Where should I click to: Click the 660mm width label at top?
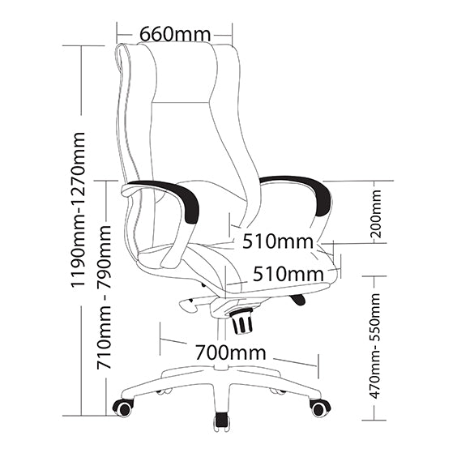click(175, 34)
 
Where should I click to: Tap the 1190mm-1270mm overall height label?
click(79, 210)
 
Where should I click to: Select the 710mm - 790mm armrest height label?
click(104, 297)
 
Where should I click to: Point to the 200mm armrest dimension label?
click(376, 214)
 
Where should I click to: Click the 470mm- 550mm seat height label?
click(374, 346)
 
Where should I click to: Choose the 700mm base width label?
click(230, 352)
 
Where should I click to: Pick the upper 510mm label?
click(278, 241)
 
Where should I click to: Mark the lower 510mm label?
click(288, 274)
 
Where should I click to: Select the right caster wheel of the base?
click(320, 408)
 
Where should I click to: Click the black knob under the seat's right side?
click(297, 299)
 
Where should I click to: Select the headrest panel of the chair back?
click(183, 73)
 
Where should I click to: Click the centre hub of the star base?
click(222, 368)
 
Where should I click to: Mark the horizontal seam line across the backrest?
click(181, 102)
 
